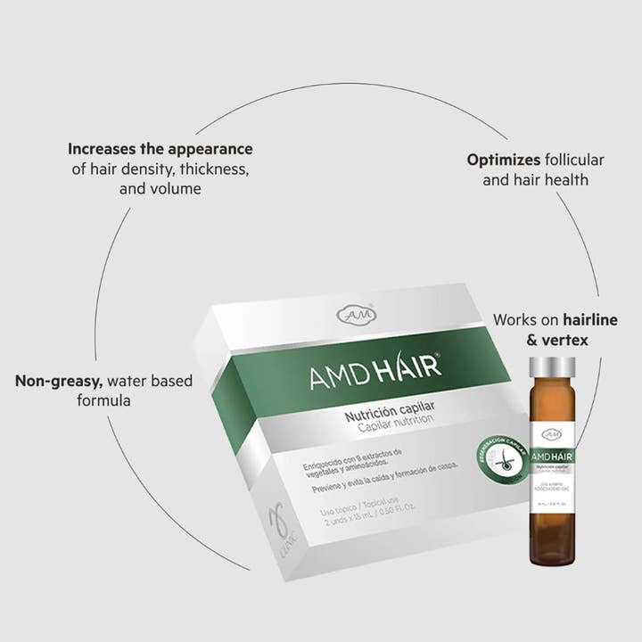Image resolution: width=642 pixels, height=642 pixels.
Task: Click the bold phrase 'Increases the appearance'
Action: pos(160,149)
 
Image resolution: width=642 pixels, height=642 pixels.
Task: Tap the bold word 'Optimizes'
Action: pos(504,160)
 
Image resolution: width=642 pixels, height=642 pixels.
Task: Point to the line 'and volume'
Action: pos(160,189)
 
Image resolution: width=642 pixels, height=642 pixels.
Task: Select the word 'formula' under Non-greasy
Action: pos(103,401)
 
